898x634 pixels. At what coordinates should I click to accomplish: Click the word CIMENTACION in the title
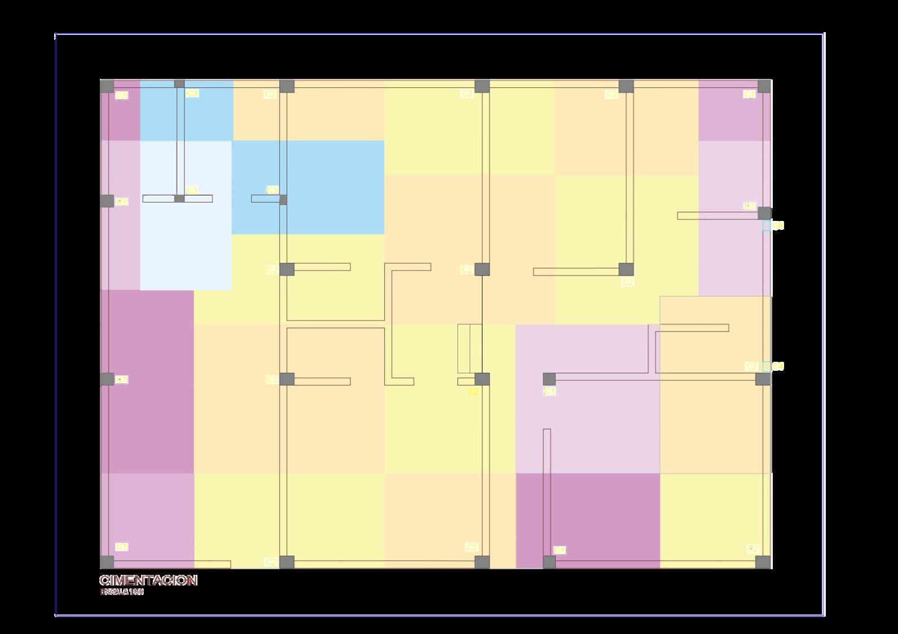(x=148, y=580)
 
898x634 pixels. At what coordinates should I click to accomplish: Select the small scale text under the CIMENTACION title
(x=122, y=592)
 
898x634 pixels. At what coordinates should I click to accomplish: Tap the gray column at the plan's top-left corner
(x=107, y=86)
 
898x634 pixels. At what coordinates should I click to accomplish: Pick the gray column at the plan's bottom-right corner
(x=763, y=562)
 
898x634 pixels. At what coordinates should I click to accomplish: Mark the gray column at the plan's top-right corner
(x=764, y=86)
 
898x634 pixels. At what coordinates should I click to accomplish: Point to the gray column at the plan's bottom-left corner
(x=107, y=562)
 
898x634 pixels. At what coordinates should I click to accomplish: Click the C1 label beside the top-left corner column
(x=122, y=96)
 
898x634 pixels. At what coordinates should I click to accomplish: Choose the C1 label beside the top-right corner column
(x=749, y=95)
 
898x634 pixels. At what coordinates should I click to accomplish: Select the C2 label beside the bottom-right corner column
(x=752, y=549)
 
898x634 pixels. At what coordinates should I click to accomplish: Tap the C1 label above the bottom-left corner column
(x=122, y=547)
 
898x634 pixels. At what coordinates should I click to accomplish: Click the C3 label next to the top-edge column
(x=192, y=94)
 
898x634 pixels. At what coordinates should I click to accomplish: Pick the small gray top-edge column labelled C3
(x=179, y=85)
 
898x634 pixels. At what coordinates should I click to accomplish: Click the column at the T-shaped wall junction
(x=179, y=198)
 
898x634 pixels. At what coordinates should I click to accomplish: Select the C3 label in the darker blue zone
(x=272, y=190)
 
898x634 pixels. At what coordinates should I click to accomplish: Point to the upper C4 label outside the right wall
(x=778, y=225)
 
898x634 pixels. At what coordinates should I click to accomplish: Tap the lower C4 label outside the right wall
(x=778, y=366)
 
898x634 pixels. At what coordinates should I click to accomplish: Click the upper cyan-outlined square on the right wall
(x=766, y=225)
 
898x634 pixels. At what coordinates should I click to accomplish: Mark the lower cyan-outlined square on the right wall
(x=766, y=366)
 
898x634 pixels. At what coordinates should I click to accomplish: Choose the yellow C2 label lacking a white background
(x=473, y=392)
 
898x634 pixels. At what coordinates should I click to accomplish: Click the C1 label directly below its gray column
(x=549, y=391)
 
